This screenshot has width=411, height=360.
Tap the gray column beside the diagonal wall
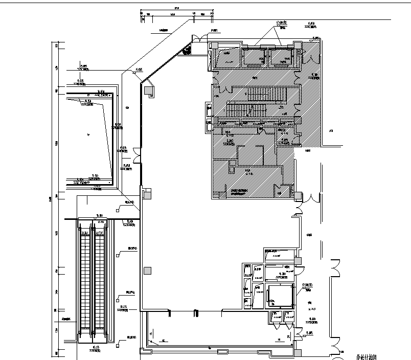tap(148, 91)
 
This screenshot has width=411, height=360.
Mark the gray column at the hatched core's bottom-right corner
tap(298, 195)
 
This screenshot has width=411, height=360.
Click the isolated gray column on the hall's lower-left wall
tap(147, 271)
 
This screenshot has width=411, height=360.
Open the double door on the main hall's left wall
tap(136, 155)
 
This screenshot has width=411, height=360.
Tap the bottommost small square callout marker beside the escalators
tap(118, 344)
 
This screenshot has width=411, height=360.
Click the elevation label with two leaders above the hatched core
tap(280, 24)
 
